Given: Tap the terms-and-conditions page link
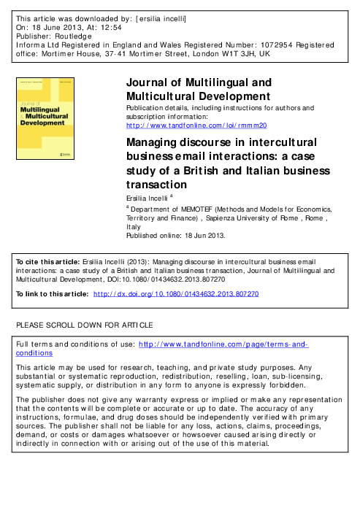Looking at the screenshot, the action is pyautogui.click(x=223, y=344).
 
